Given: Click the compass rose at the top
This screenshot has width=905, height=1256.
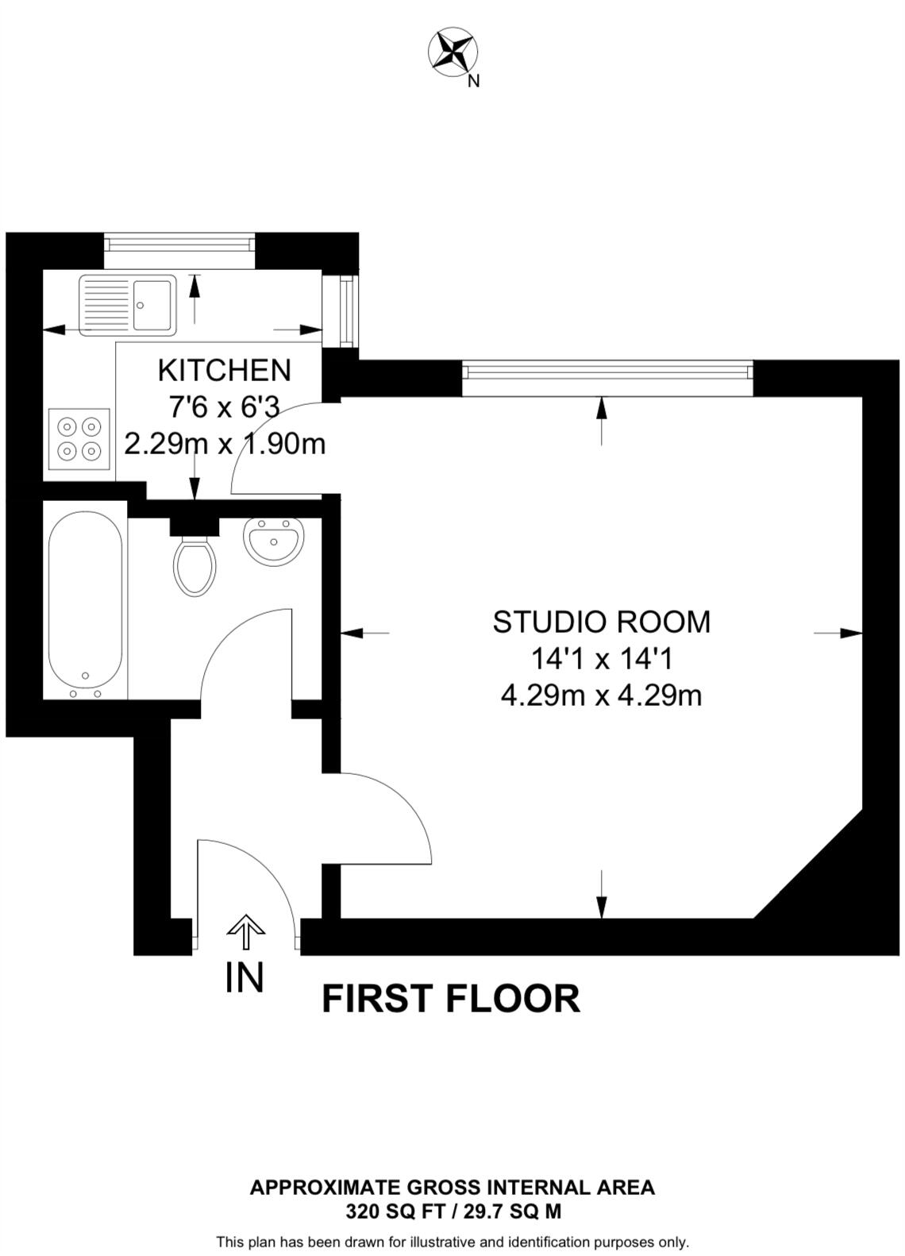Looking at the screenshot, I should pos(453,52).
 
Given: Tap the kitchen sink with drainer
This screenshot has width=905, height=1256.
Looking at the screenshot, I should pos(128,303).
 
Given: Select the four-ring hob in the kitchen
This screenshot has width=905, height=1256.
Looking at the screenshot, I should pos(79,438).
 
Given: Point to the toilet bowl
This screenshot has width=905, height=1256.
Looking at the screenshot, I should pos(194,566).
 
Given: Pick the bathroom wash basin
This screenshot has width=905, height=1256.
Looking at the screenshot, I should pos(274,541).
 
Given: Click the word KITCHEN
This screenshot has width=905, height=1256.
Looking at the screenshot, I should pos(225,370).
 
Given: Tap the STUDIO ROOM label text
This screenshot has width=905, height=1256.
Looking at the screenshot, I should pos(601,622).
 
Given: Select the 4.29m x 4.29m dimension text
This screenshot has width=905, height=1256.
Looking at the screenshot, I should pos(601,695).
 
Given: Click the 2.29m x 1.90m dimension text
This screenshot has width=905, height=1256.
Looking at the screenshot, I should pos(225,444).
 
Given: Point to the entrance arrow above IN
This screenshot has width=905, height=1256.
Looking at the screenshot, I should pos(246,932).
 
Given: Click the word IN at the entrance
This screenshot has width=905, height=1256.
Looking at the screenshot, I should pos(244,977).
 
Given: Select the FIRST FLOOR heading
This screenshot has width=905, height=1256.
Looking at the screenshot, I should pos(450,999).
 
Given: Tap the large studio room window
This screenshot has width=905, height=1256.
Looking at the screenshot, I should pos(607,371).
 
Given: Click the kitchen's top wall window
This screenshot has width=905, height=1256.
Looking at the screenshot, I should pos(180,242).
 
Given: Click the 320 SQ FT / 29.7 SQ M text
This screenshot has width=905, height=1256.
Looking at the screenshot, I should pos(452,1212).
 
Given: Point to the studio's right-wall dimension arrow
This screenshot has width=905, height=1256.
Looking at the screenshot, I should pos(840,633).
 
